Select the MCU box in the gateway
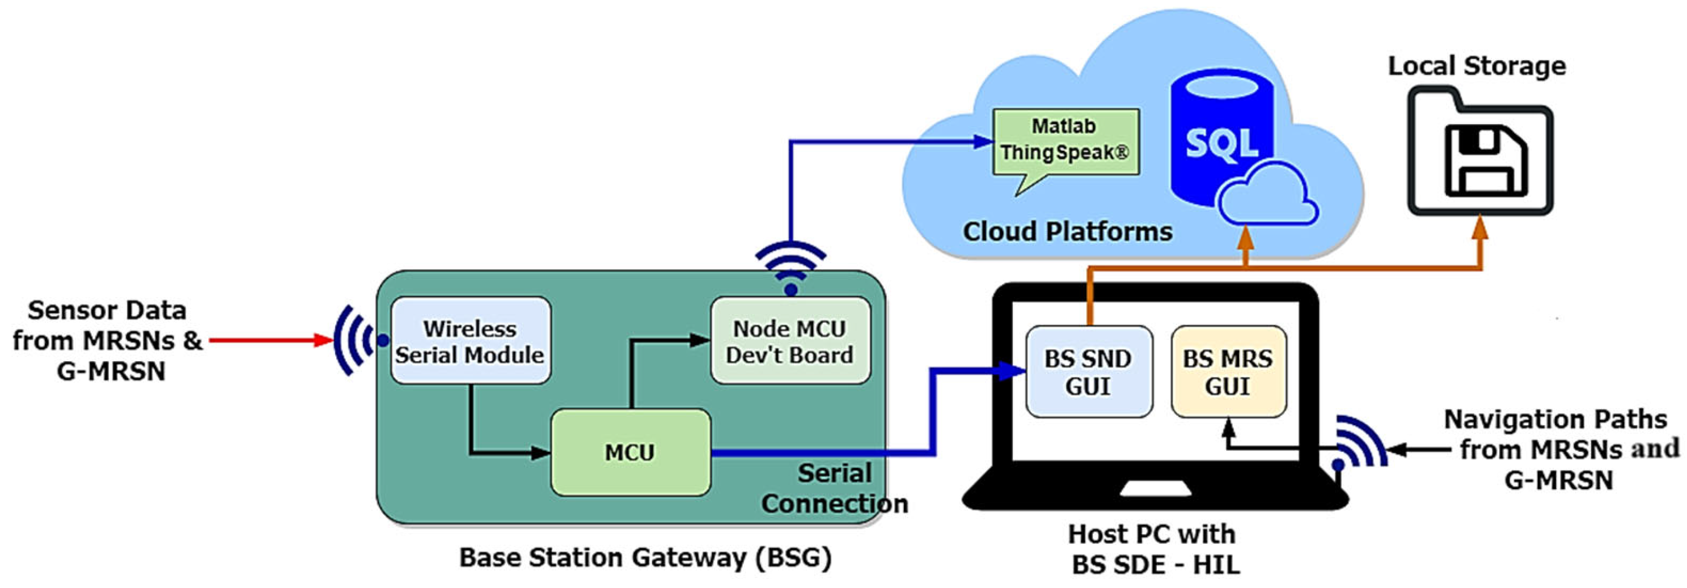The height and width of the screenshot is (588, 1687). click(x=630, y=452)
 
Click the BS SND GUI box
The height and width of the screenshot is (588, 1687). click(x=1088, y=372)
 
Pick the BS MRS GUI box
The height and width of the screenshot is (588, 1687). click(x=1228, y=372)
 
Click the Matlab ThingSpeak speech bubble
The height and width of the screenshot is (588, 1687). click(x=1065, y=141)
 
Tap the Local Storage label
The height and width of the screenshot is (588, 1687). click(x=1477, y=66)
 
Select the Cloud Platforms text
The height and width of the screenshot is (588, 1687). click(x=1067, y=231)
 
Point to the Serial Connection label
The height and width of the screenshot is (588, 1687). click(x=834, y=488)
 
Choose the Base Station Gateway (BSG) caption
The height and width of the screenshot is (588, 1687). click(x=645, y=558)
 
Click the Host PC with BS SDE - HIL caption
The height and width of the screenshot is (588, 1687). click(x=1154, y=549)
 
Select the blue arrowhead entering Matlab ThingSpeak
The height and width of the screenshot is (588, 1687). click(x=982, y=141)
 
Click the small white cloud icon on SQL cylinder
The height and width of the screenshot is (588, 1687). click(x=1267, y=196)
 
